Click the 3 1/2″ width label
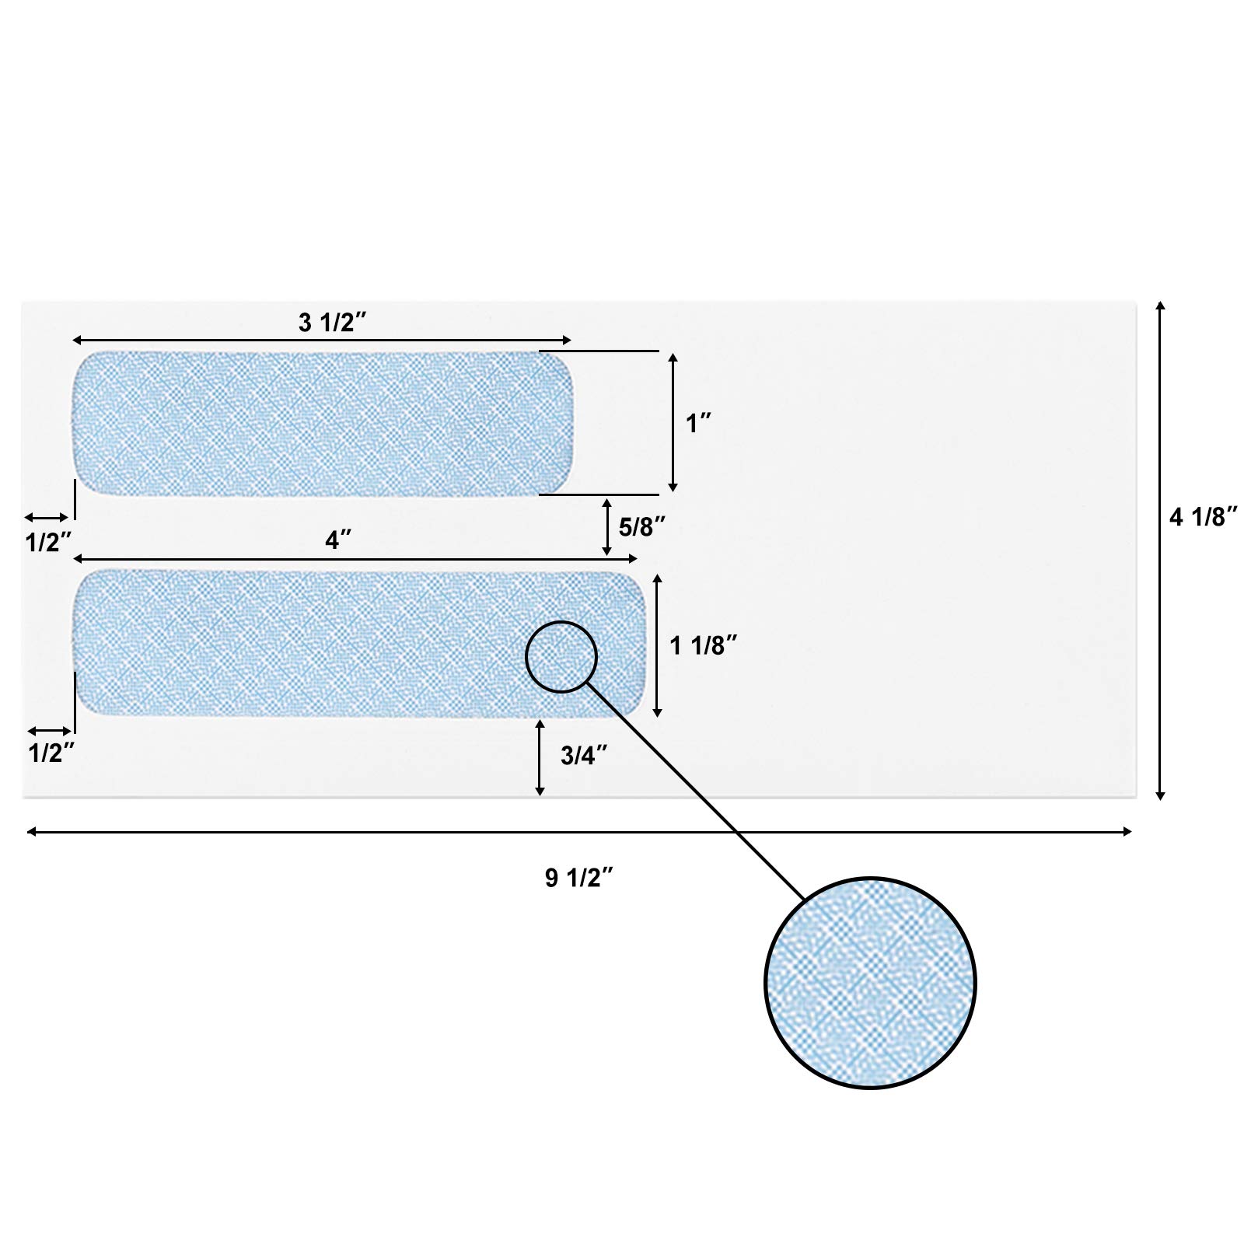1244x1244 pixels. [x=327, y=323]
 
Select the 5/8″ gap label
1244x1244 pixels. [x=643, y=527]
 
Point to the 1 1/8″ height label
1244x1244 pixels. [x=704, y=645]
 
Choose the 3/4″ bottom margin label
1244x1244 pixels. [x=584, y=756]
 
